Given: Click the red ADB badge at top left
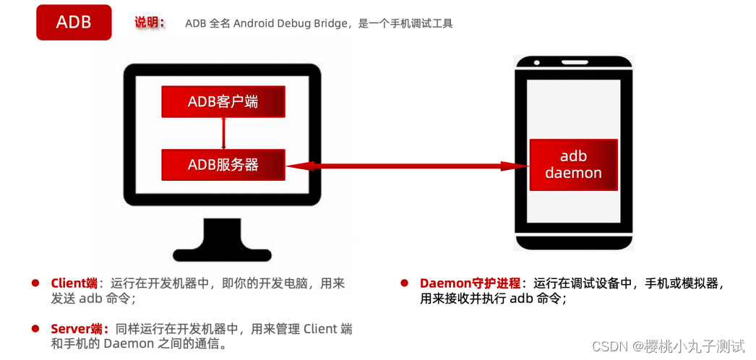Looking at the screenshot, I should point(74,22).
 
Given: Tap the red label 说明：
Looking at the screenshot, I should point(150,22).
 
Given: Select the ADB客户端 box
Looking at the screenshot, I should point(223,102).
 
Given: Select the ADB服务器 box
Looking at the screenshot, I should point(223,165).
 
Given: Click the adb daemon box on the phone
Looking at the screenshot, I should point(573,165).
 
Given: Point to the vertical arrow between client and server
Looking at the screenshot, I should point(223,133).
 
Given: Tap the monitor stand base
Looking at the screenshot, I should point(223,252).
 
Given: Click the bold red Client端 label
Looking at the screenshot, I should point(74,283).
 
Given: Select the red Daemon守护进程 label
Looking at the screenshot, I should point(469,283).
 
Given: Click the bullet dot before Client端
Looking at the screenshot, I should point(35,283).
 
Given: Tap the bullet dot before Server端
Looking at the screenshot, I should point(35,329).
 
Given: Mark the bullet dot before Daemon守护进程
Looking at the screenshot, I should point(405,283).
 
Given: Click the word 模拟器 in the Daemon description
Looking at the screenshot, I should point(697,283).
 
